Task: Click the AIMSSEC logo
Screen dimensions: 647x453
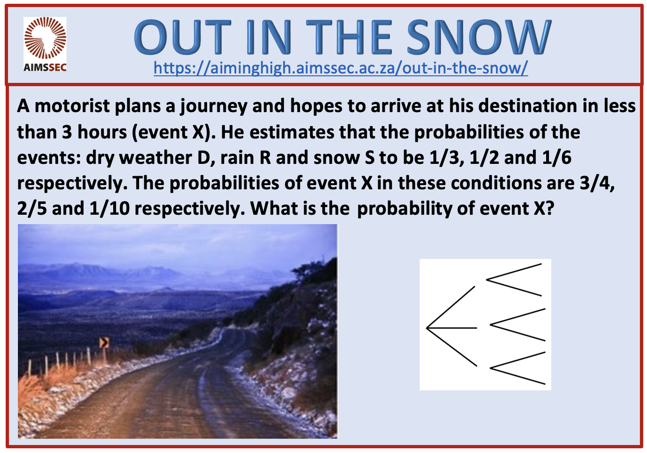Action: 45,44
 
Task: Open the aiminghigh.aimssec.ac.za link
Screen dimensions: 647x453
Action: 340,68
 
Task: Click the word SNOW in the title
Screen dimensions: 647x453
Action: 479,37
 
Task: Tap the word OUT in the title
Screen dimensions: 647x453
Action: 182,37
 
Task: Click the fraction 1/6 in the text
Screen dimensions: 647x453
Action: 556,158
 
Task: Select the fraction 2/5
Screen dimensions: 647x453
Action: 32,208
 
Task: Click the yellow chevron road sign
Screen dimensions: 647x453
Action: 104,342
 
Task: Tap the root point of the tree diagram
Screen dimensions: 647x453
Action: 427,328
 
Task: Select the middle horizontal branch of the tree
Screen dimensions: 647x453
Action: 452,328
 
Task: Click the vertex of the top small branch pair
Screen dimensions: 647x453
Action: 487,279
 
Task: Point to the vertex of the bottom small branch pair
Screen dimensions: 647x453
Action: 490,368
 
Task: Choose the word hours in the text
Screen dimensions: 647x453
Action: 102,132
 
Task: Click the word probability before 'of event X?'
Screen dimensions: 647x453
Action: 405,209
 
